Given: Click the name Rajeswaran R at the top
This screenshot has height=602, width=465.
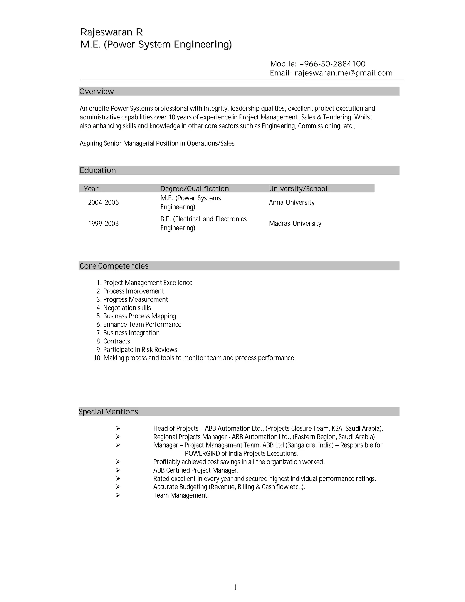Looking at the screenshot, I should coord(111,32).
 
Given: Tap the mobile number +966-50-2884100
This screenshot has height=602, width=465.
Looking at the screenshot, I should coord(332,64).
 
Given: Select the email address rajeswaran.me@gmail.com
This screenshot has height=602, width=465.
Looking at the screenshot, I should coord(343,73).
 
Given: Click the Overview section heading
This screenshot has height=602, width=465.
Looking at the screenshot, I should coord(96,92).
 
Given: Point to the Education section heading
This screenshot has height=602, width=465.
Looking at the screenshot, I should coord(98,170).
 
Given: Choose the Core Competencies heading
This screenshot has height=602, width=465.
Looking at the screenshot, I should coord(114,266).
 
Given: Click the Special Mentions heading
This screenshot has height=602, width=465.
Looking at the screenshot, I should coord(108,412).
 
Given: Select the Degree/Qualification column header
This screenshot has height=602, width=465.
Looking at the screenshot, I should coord(195,189).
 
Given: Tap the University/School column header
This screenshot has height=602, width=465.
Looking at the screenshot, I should coord(298,189).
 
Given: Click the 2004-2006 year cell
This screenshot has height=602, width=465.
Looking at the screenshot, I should coord(103,203).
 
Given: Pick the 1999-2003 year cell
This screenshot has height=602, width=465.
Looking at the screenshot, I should coord(103,224).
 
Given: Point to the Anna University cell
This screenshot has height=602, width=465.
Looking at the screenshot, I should coord(292,203).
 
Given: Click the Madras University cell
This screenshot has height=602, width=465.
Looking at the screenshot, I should coord(295,224).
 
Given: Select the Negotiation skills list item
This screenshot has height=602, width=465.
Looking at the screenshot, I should coord(127,308).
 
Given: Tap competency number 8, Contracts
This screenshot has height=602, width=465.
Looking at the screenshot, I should coord(116,341).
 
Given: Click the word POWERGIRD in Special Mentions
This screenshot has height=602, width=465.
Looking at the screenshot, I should coord(202,453).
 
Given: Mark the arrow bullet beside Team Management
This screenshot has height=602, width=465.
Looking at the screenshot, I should coord(118,495).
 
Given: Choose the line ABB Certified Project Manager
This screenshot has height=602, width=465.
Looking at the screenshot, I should coord(195,470).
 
